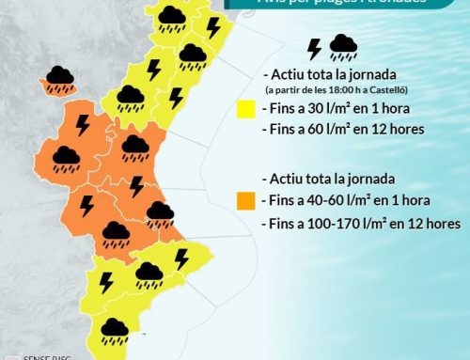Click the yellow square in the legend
pyautogui.click(x=247, y=111)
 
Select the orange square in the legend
pyautogui.click(x=247, y=200)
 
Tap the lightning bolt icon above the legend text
pyautogui.click(x=314, y=49)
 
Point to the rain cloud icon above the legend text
pyautogui.click(x=343, y=48)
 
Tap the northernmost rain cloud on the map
pyautogui.click(x=171, y=17)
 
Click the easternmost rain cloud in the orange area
pyautogui.click(x=159, y=214)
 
